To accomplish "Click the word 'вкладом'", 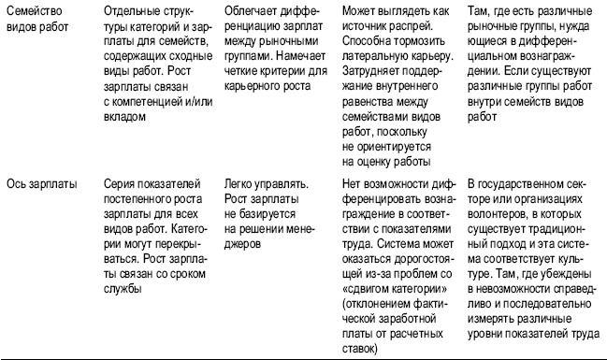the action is click(126, 117).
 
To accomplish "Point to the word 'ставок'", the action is click(359, 349).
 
